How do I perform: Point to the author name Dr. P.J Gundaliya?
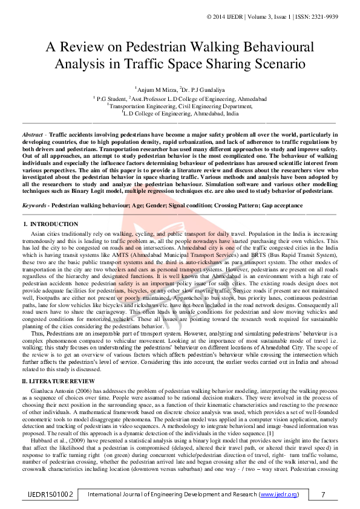(203, 89)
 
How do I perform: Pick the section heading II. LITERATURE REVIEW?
(59, 381)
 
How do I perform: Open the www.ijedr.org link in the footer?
(278, 494)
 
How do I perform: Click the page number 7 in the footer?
(324, 494)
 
